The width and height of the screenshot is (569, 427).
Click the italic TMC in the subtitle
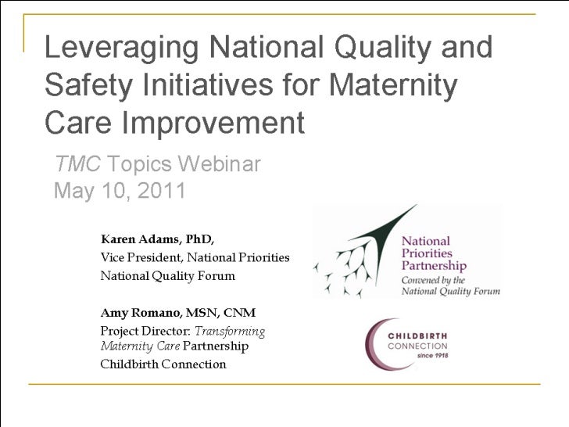click(77, 165)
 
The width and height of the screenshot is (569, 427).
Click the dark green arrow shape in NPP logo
click(383, 235)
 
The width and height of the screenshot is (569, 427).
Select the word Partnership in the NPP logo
click(435, 265)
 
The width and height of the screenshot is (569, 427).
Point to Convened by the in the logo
click(434, 280)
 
